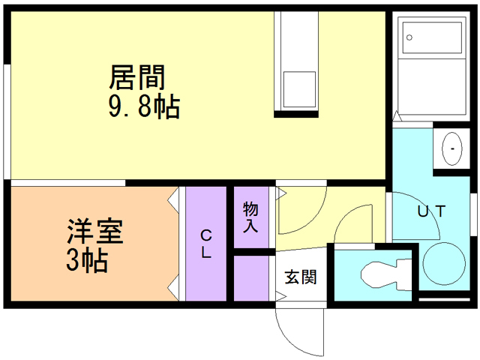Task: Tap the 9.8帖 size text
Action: pos(144,108)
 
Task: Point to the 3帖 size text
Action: pos(85,260)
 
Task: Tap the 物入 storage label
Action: pos(250,215)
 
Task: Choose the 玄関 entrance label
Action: pos(300,277)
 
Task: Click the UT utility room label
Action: pos(432,211)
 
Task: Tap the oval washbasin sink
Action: pos(453,148)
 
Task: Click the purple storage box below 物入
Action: pos(250,278)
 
